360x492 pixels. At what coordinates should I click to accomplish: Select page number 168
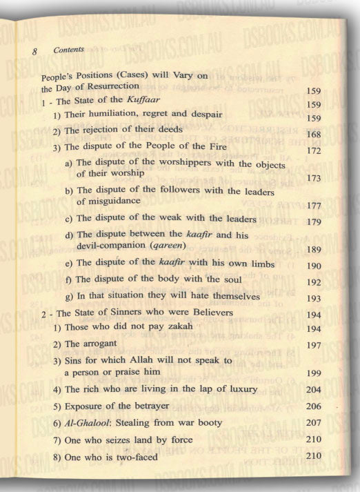point(314,135)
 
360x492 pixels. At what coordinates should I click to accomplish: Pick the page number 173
point(314,179)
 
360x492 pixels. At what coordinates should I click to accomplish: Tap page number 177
point(314,205)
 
